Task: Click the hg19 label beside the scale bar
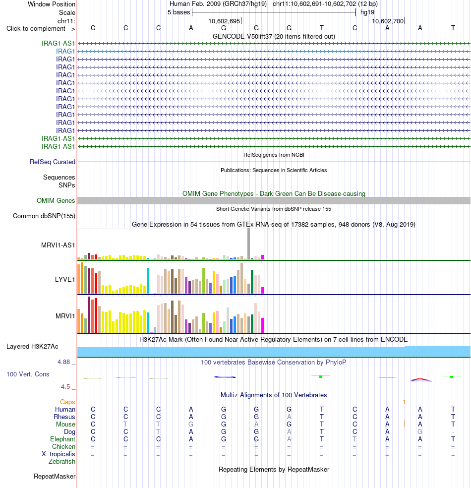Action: point(367,12)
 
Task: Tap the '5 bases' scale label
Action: point(178,12)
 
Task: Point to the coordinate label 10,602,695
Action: point(224,21)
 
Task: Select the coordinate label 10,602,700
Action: point(388,21)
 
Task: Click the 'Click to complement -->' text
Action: point(41,29)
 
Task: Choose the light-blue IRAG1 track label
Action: point(65,52)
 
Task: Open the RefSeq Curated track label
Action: point(53,162)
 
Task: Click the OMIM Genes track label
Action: point(56,200)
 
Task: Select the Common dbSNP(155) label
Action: point(44,216)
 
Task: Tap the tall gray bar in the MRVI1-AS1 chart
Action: point(248,244)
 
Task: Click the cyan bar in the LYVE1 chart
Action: point(148,280)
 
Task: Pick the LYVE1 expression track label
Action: point(65,280)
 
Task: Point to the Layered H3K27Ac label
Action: point(32,346)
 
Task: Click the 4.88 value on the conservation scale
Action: point(63,362)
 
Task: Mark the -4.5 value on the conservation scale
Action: point(64,387)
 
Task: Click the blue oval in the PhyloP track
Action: point(225,377)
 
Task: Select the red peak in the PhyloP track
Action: point(420,379)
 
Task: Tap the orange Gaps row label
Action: point(67,402)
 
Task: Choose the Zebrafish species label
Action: point(61,462)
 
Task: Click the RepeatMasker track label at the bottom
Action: point(55,477)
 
